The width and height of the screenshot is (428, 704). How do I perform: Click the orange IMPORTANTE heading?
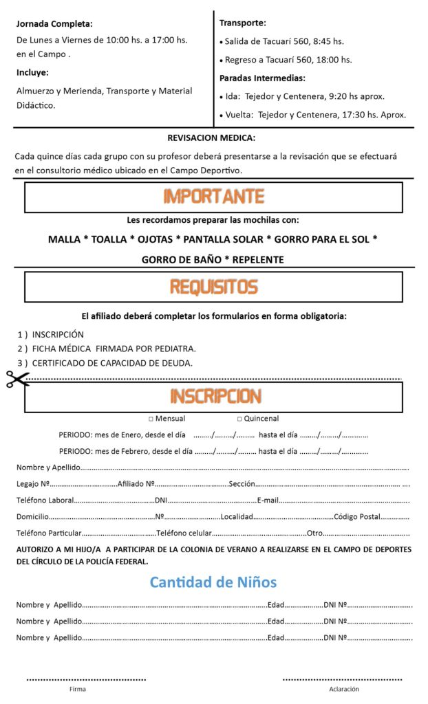coord(213,197)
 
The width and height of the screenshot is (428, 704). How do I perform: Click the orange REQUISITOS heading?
coord(213,287)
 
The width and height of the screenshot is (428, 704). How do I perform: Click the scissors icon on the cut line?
coord(17,379)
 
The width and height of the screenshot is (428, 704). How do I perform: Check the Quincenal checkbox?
coord(239,419)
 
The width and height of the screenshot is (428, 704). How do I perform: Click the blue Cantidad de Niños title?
coord(213,582)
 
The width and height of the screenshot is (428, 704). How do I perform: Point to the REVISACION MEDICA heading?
coord(211,137)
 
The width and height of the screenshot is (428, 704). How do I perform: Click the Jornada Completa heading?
coord(54,23)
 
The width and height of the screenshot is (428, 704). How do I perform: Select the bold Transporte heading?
coord(242,23)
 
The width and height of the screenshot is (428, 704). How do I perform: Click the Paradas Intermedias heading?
coord(261,78)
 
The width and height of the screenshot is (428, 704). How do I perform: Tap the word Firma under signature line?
coord(78,688)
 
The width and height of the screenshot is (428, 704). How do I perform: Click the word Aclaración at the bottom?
coord(343,688)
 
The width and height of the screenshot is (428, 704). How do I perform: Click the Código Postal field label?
coord(356,516)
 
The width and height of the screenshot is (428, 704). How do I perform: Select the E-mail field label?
coord(268,500)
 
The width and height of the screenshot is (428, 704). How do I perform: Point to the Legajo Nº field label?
coord(32,484)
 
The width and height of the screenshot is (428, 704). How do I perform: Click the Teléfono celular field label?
coord(184,533)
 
